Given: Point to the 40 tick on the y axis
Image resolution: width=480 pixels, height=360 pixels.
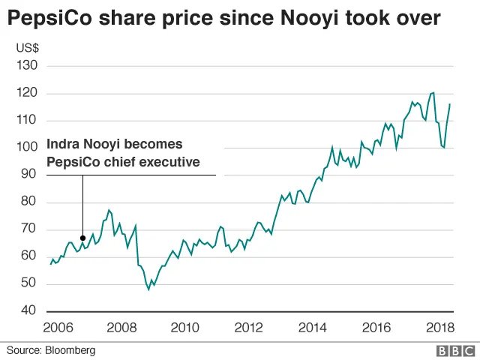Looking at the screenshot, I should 28,310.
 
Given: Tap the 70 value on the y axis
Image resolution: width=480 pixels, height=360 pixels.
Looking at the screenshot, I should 28,229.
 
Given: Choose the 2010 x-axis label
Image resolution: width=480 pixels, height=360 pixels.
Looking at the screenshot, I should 184,327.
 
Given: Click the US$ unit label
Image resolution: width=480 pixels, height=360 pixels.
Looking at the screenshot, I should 27,48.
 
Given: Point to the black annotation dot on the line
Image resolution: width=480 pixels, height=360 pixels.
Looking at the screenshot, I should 82,238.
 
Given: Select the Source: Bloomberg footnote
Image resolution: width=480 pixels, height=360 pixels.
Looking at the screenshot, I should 51,350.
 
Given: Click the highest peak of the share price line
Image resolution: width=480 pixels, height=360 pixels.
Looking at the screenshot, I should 433,93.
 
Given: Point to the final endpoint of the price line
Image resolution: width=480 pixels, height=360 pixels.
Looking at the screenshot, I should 450,104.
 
